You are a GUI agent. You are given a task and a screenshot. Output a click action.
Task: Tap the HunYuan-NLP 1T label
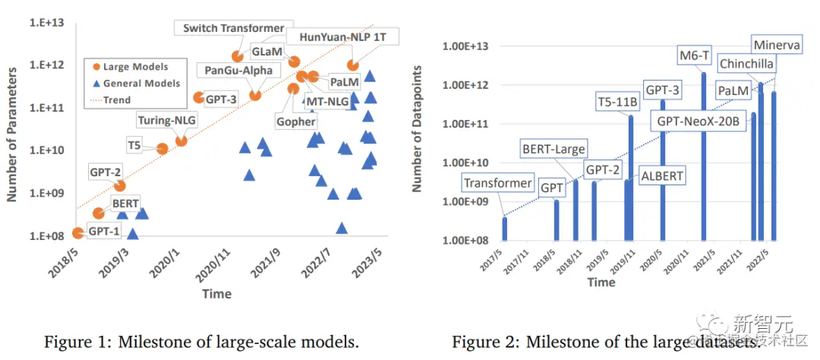(343, 36)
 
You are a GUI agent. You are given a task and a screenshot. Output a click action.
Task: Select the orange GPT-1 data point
(78, 233)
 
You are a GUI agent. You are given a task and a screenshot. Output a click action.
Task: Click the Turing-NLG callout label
(165, 119)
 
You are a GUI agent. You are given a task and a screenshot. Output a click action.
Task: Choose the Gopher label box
(297, 122)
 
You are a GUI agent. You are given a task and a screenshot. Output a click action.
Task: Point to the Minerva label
(776, 46)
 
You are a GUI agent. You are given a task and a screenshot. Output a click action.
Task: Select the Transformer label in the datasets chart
(498, 183)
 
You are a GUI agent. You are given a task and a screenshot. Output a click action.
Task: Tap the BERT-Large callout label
(553, 149)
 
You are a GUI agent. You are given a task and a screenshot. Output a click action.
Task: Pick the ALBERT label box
(662, 175)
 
